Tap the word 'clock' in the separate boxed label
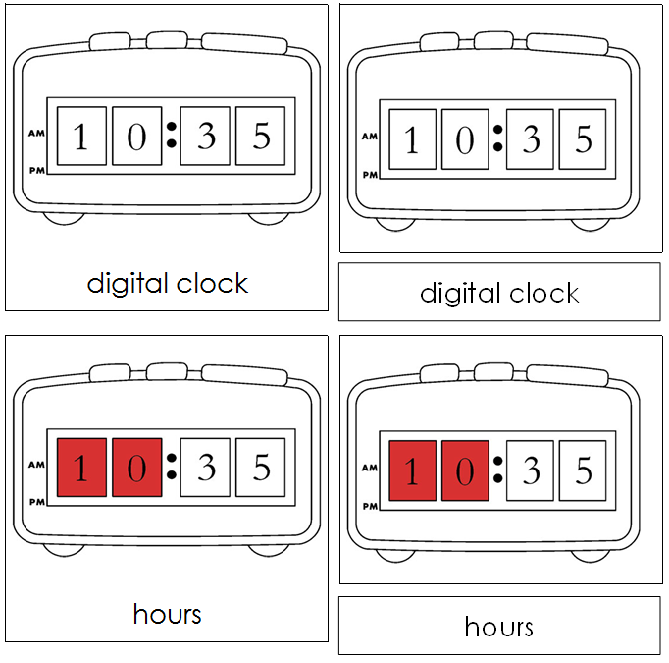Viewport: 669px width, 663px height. [541, 293]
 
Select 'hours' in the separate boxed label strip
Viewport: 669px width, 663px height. [499, 627]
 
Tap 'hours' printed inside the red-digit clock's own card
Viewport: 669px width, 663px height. [167, 615]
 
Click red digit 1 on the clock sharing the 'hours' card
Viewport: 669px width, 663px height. [81, 467]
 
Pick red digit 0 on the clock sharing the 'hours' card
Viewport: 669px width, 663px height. [136, 467]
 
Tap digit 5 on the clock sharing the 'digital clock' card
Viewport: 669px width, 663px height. [261, 136]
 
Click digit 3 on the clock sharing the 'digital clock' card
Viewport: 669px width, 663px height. [206, 136]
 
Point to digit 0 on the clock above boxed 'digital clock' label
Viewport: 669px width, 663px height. [465, 139]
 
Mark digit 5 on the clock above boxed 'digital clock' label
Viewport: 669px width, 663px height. [583, 139]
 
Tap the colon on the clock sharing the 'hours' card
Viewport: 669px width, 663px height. [171, 466]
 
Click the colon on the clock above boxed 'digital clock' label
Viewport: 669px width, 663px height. [497, 138]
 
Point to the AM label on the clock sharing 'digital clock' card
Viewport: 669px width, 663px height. [37, 133]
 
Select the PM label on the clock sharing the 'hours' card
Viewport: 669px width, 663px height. [37, 502]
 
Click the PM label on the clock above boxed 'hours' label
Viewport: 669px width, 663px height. [370, 507]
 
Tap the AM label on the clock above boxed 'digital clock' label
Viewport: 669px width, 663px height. [370, 137]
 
